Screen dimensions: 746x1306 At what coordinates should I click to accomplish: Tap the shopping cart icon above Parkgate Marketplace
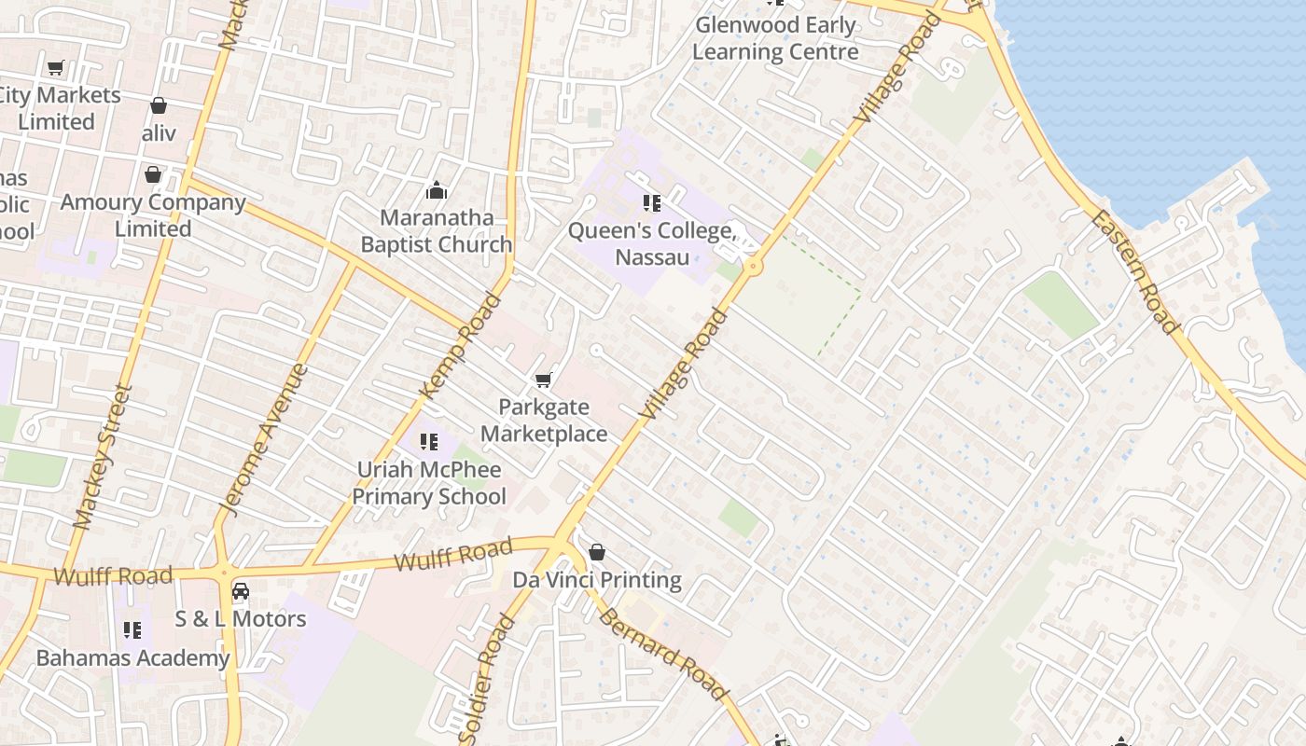point(543,380)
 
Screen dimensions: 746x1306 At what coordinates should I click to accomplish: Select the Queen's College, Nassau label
point(652,243)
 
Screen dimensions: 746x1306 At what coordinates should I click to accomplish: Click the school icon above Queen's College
point(652,202)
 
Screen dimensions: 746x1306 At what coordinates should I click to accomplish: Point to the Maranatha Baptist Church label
point(437,231)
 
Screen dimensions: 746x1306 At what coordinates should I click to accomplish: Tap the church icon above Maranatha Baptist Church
point(437,192)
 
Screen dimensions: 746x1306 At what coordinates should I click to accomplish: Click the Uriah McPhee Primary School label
point(429,483)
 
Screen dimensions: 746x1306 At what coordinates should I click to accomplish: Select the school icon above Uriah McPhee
point(429,441)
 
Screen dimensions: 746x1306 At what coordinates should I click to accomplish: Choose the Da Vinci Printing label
point(597,580)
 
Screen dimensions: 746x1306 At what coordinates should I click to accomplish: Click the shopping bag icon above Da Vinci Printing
point(597,552)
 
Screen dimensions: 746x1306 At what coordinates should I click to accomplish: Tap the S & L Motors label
point(241,618)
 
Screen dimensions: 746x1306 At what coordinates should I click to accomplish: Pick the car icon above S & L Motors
point(241,591)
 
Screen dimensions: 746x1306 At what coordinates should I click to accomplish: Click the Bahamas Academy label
point(132,658)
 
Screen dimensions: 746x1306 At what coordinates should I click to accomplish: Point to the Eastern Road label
point(1133,271)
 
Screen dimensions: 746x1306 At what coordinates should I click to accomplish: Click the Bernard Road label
point(662,654)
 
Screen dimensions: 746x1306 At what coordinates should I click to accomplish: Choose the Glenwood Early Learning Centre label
point(775,38)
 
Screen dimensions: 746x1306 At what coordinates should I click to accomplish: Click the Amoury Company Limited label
point(153,215)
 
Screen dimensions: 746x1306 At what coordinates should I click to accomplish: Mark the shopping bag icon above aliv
point(159,105)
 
